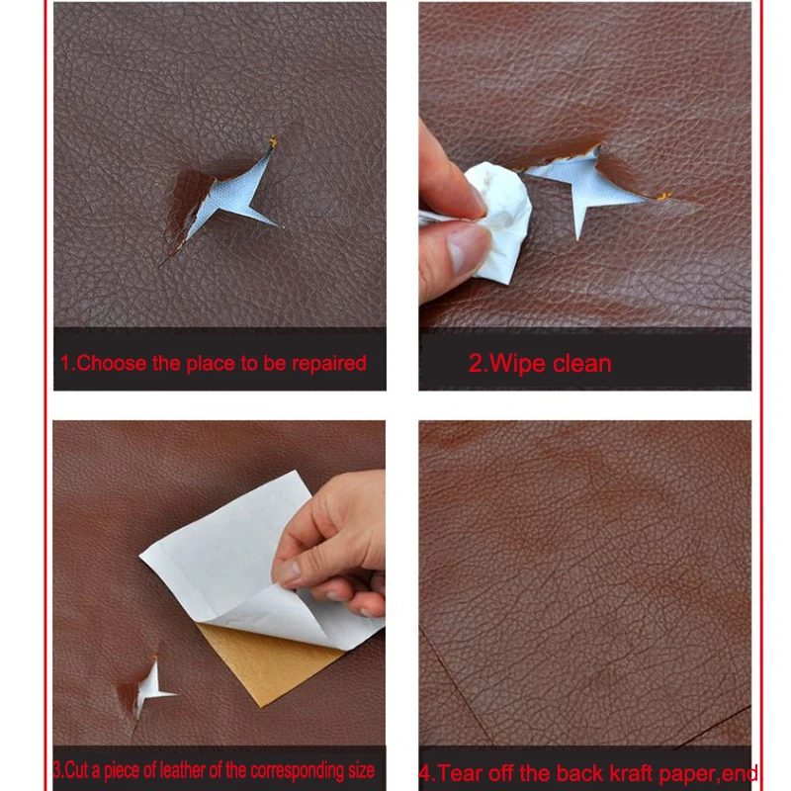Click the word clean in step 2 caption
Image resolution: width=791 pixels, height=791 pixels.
[x=582, y=364]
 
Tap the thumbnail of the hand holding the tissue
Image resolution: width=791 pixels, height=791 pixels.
[x=452, y=217]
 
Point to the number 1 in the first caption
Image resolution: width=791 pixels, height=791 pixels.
[x=65, y=363]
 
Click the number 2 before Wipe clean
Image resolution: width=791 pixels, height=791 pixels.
[x=476, y=364]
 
